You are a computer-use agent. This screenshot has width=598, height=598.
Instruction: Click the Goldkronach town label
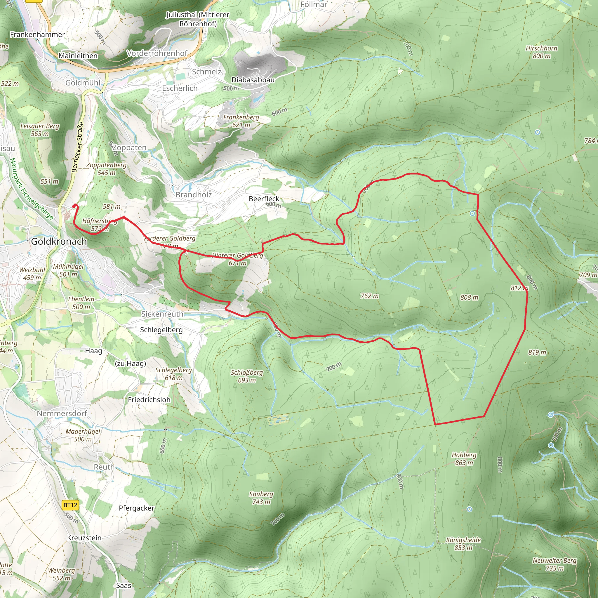59,241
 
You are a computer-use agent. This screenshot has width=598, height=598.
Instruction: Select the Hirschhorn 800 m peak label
541,52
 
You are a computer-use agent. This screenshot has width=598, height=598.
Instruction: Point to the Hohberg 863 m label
464,459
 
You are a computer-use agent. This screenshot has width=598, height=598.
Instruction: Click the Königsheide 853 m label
463,544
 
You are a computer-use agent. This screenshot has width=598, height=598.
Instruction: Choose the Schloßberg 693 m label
247,376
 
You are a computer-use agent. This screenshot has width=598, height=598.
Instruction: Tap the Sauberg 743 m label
261,498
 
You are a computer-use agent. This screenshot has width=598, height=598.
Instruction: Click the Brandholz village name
194,195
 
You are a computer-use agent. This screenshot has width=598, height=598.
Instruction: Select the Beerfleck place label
264,199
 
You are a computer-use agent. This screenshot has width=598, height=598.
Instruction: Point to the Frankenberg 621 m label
241,121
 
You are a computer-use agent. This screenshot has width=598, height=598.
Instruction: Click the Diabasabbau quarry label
253,80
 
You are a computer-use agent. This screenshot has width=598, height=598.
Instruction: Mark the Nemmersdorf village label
62,413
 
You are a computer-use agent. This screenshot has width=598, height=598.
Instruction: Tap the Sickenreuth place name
162,314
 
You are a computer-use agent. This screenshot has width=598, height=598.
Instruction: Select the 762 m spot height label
369,296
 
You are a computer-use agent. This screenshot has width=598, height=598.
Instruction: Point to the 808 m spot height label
469,298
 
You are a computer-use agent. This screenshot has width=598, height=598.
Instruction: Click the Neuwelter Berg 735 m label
554,564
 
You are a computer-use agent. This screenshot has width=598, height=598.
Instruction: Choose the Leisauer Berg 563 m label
40,130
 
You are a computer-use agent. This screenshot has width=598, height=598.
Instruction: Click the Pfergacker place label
136,508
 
